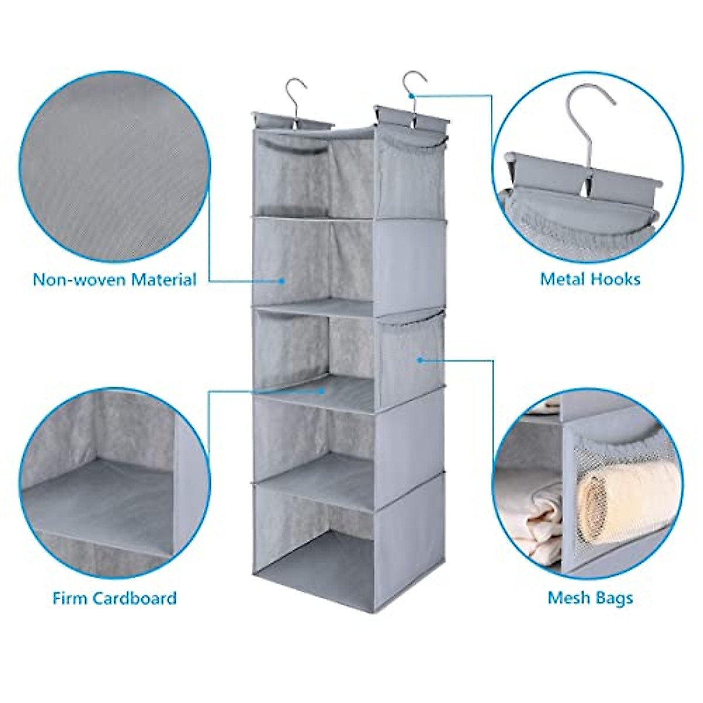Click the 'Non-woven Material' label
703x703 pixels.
pos(114,279)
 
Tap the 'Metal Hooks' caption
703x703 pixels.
pos(590,279)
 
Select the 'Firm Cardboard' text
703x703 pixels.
pos(114,598)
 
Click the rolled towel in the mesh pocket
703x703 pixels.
pos(609,495)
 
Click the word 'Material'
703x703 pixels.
pos(163,279)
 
